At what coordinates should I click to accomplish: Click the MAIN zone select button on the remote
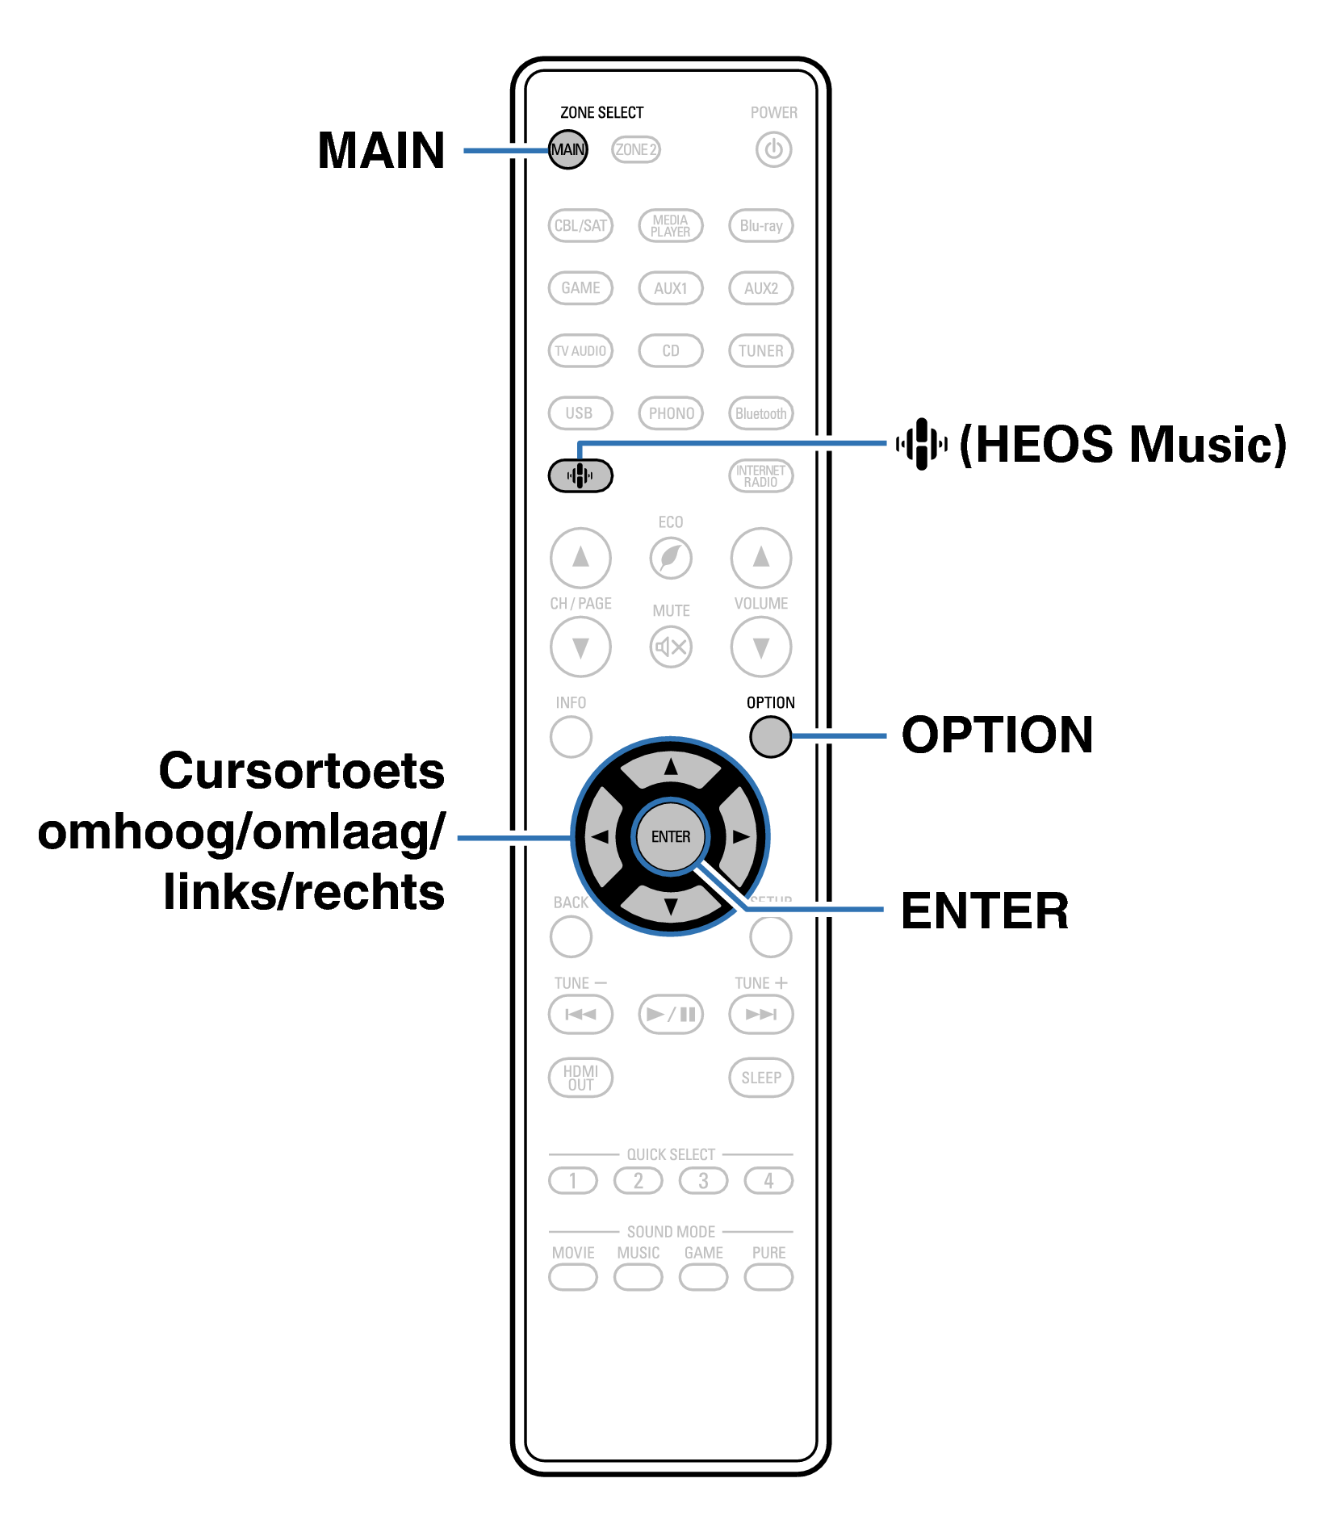[x=567, y=149]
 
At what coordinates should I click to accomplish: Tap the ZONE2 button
[x=635, y=149]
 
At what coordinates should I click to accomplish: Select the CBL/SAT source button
[x=580, y=225]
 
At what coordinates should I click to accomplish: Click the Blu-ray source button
[x=760, y=225]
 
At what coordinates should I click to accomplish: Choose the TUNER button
[x=760, y=350]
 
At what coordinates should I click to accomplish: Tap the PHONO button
[x=671, y=413]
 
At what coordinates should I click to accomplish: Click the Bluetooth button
[x=760, y=413]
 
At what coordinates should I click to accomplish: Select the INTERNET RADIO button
[x=760, y=475]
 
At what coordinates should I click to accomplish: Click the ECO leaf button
[x=671, y=558]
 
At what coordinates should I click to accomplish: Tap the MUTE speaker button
[x=671, y=647]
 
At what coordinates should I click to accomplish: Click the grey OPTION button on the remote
[x=770, y=736]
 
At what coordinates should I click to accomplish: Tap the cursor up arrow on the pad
[x=671, y=768]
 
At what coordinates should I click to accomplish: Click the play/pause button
[x=671, y=1014]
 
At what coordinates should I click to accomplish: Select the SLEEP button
[x=760, y=1077]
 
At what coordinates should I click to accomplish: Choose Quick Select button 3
[x=703, y=1181]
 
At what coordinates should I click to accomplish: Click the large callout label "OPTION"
[x=997, y=735]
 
